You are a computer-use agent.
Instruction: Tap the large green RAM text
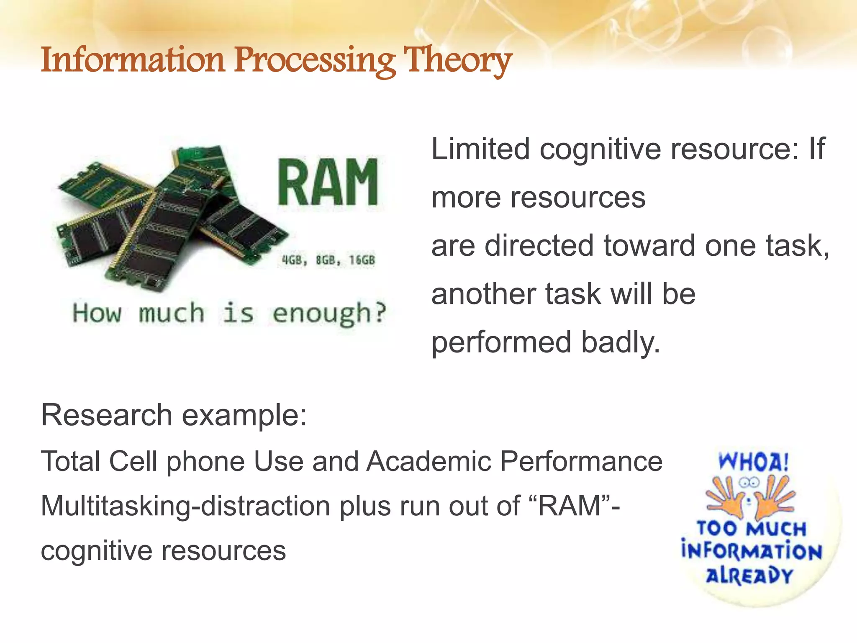(328, 183)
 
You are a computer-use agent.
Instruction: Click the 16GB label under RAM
(362, 260)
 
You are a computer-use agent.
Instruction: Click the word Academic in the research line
(429, 461)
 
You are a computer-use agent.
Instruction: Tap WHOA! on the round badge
(754, 462)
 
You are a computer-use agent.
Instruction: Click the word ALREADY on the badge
(749, 576)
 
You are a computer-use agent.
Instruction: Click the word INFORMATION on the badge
(752, 552)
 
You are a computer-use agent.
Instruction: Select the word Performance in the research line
(581, 461)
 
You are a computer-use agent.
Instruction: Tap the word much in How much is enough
(172, 313)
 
